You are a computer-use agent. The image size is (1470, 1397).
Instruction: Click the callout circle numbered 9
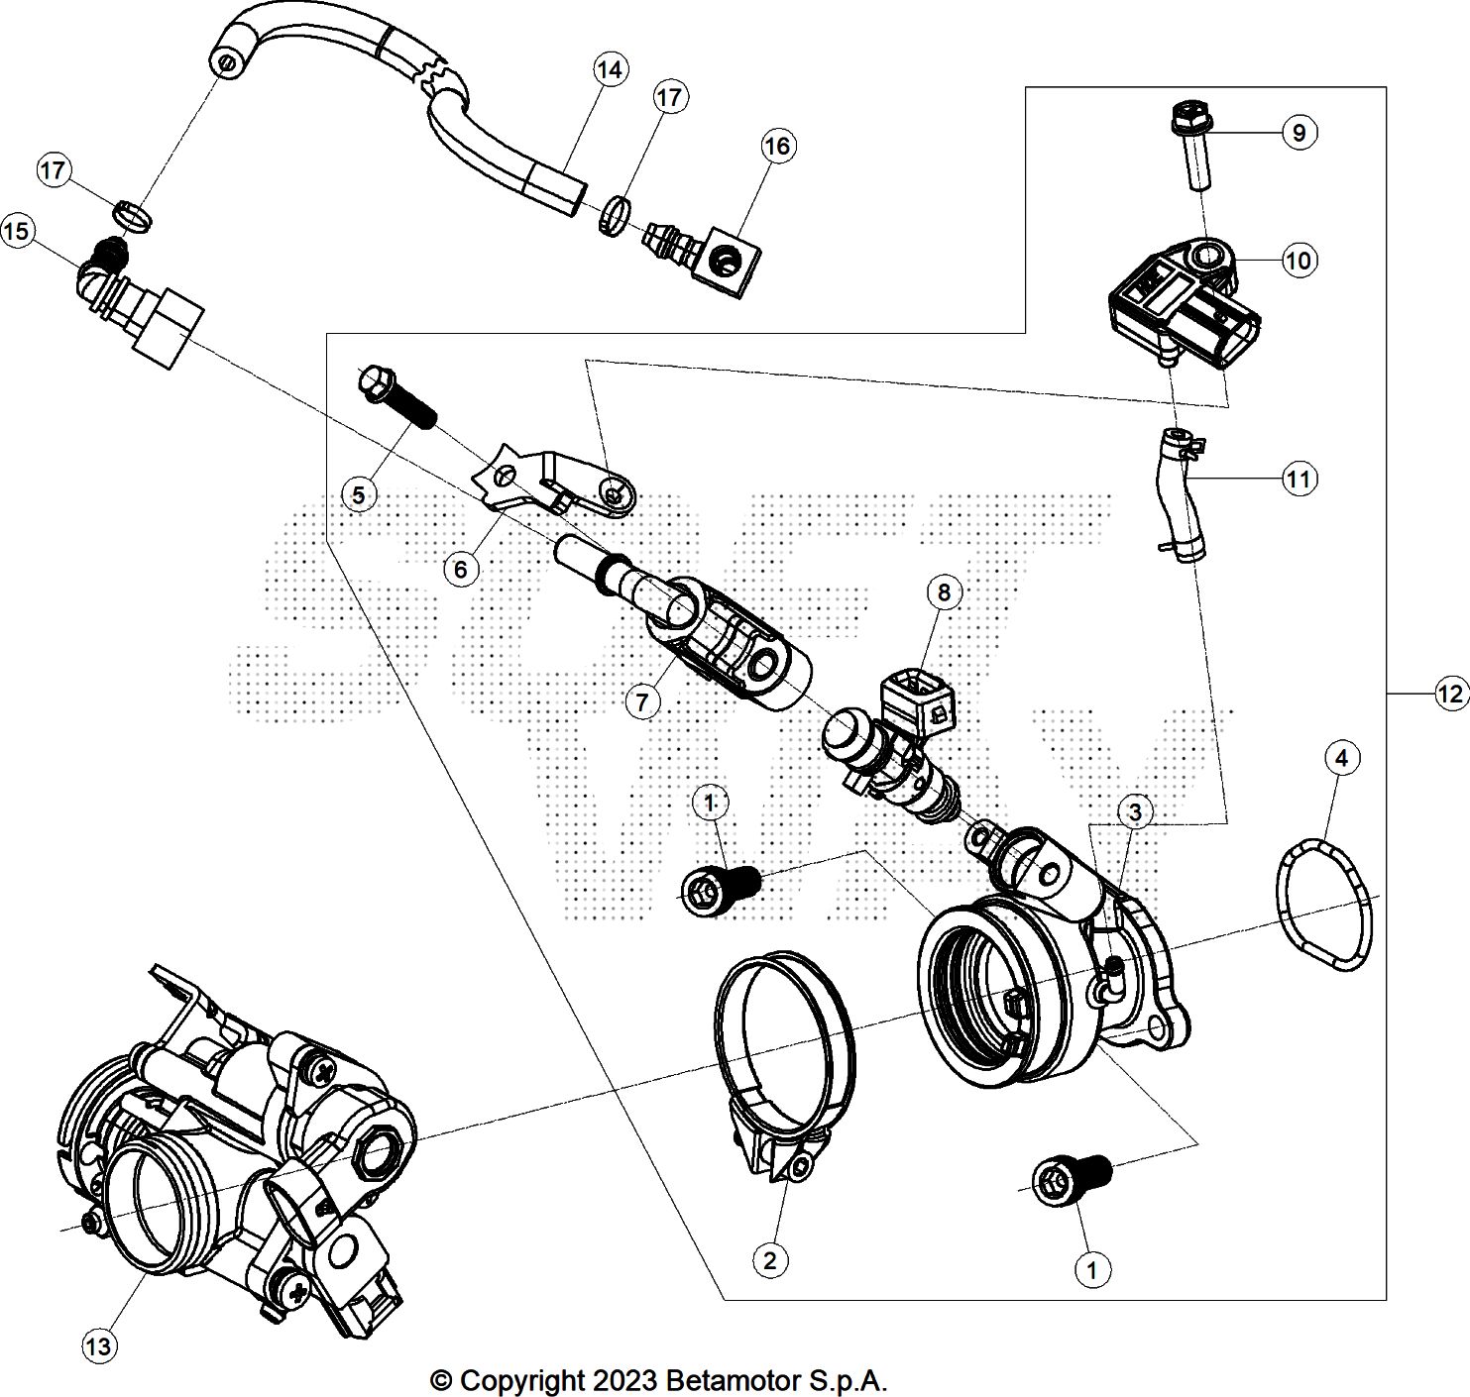[1299, 133]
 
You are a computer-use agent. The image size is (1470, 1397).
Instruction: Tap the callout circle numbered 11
[1299, 480]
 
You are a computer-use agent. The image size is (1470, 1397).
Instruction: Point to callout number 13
[100, 1345]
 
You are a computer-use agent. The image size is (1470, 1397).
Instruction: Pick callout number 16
[778, 147]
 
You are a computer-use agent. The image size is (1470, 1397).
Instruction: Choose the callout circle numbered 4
[1341, 759]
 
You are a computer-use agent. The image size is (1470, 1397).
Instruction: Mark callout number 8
[943, 592]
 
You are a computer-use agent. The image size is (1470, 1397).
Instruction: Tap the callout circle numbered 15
[16, 232]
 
